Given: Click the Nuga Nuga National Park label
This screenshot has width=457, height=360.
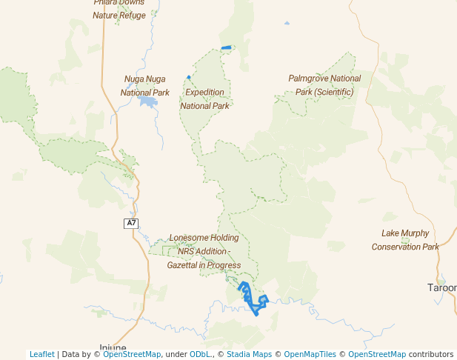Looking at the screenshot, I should [145, 85].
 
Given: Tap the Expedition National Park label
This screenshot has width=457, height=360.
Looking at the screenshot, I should [204, 99].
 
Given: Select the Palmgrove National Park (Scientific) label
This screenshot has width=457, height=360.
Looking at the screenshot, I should [324, 84].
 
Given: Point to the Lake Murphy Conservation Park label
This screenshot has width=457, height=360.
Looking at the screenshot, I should [405, 239].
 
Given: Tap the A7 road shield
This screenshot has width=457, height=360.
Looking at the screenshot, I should [131, 223].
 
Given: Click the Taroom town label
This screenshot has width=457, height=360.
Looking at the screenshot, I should [443, 287].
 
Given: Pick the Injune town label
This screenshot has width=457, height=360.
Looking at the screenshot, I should [113, 347].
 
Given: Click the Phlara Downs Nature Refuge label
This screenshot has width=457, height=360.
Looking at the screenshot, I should [119, 8].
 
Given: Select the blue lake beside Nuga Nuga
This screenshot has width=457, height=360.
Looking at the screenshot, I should [149, 101].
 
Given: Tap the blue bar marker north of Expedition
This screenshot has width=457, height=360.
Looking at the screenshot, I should [226, 48].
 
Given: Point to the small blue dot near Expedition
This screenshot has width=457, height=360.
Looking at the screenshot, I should [189, 77].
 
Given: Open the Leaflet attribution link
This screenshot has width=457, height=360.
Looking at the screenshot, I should [42, 354].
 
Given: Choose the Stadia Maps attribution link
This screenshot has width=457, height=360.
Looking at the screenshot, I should [249, 354].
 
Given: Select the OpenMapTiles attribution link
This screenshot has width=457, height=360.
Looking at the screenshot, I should [310, 354].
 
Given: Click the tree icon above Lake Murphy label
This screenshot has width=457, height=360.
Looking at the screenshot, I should [404, 240].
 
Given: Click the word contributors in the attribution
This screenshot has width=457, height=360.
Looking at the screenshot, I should [430, 354].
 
